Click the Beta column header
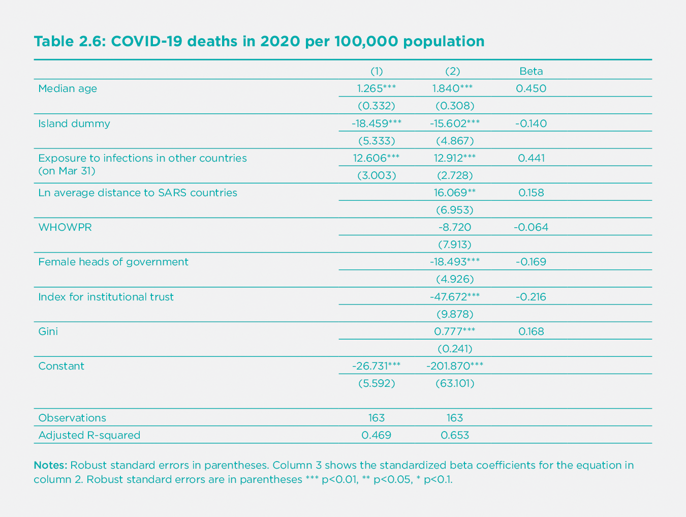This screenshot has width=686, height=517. (x=531, y=71)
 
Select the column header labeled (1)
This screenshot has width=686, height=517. (x=376, y=71)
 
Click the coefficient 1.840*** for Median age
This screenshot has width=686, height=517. (x=452, y=88)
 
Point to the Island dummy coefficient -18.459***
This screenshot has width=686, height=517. (x=376, y=124)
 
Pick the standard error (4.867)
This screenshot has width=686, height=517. (x=455, y=141)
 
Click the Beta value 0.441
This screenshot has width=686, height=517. (x=531, y=158)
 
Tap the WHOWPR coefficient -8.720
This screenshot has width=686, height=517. (x=454, y=227)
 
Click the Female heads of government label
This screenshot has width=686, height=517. (x=113, y=262)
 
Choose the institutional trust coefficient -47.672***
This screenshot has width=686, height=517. (x=454, y=297)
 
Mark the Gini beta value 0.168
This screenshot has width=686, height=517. (x=531, y=331)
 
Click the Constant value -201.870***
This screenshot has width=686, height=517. (x=454, y=366)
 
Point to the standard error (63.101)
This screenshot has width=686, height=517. (x=455, y=383)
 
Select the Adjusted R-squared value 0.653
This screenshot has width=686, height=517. (x=455, y=435)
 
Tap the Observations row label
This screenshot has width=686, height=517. (x=72, y=418)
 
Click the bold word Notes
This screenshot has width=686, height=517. (x=50, y=465)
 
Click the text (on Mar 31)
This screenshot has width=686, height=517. (x=67, y=171)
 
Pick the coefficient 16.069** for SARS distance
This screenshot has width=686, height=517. (x=454, y=193)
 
